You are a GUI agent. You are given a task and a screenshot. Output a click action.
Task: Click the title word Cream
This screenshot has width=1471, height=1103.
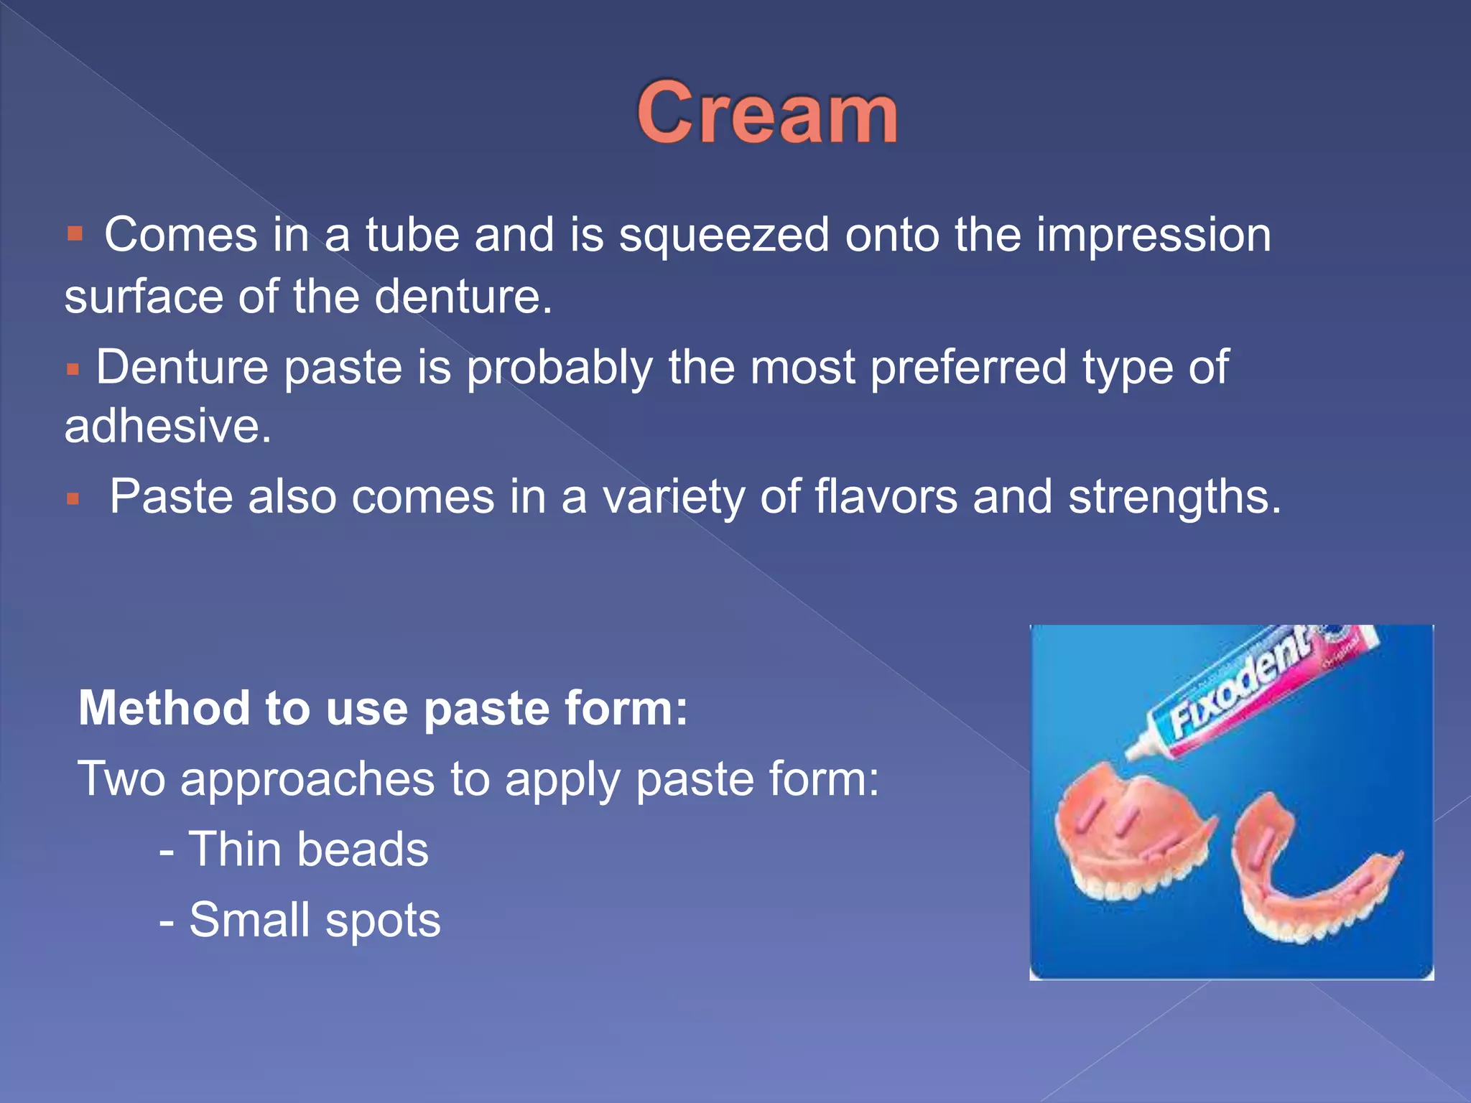[767, 113]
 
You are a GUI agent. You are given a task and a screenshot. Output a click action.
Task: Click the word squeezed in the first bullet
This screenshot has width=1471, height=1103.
[724, 236]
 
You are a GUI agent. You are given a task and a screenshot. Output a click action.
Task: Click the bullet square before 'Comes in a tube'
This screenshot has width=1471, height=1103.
[75, 233]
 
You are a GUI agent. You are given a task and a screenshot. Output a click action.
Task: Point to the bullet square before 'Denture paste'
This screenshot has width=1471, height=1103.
[72, 370]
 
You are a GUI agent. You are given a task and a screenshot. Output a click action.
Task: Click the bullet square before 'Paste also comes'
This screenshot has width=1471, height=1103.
[73, 498]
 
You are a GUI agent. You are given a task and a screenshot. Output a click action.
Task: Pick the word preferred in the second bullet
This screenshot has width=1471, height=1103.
[968, 368]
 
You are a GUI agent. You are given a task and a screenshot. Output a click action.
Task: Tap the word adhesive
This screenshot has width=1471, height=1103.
[167, 427]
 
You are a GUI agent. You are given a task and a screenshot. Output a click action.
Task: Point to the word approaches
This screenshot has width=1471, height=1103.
[307, 780]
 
